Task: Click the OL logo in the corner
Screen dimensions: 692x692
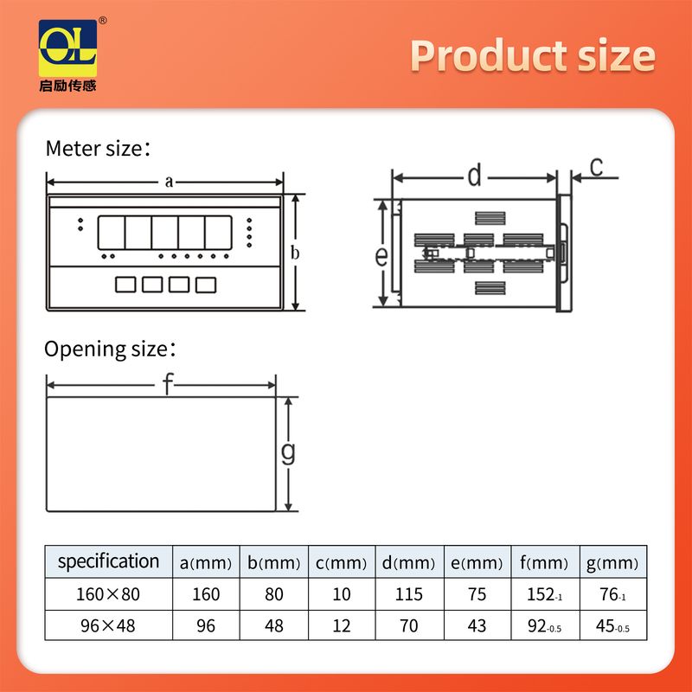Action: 68,48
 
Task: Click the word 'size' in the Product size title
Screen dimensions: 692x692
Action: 616,55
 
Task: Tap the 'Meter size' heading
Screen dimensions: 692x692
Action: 98,148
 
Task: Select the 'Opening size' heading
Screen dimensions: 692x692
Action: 110,349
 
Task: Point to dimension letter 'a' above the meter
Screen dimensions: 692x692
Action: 169,182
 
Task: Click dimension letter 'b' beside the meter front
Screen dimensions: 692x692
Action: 295,253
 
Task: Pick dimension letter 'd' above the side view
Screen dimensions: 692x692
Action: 474,176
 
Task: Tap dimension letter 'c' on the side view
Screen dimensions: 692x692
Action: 596,167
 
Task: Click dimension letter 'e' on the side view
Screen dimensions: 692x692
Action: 381,256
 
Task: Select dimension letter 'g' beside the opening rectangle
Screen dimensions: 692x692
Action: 288,452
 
